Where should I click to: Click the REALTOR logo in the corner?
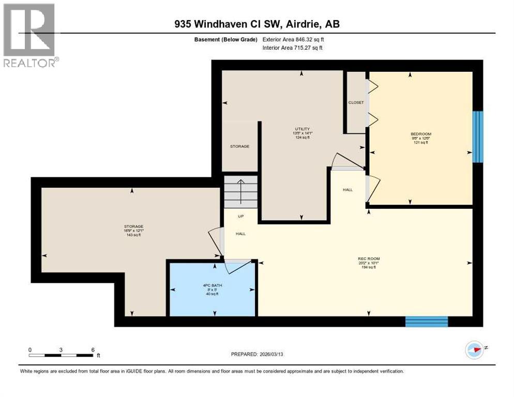(x=29, y=35)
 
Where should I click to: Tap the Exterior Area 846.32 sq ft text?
(x=293, y=39)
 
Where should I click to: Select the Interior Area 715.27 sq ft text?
(x=293, y=48)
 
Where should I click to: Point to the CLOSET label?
(x=356, y=102)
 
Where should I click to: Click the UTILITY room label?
(x=303, y=129)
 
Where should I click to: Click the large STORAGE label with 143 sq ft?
(x=133, y=226)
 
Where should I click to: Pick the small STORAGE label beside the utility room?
(x=239, y=146)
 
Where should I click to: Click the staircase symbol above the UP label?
(x=240, y=191)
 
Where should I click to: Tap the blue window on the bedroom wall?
(x=478, y=137)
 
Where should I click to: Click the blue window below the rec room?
(x=426, y=322)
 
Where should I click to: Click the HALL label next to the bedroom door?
(x=347, y=190)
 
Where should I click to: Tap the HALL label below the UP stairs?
(x=240, y=234)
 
